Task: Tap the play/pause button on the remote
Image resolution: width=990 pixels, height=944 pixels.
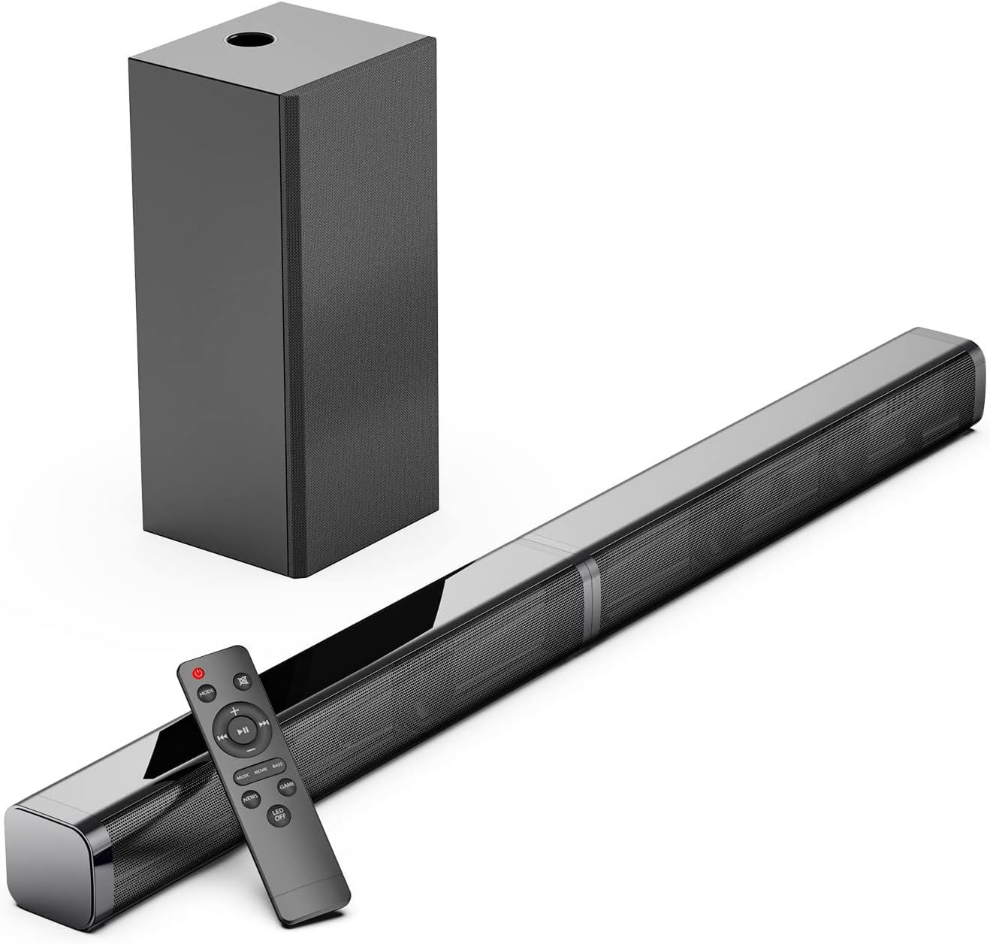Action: [242, 729]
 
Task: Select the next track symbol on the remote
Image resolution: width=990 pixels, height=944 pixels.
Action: [264, 723]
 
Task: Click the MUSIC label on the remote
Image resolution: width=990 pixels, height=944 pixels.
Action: [243, 775]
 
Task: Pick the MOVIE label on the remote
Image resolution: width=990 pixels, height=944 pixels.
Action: [261, 770]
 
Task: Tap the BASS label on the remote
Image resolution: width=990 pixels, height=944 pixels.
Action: [278, 765]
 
